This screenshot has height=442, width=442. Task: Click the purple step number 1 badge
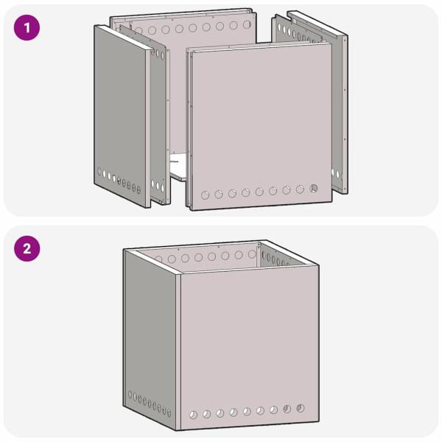[x=27, y=29]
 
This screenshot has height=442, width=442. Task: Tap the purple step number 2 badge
[x=27, y=248]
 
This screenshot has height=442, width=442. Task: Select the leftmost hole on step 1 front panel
[x=206, y=195]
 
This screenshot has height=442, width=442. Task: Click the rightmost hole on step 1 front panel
[x=313, y=188]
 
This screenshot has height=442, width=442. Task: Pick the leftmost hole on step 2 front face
[x=193, y=415]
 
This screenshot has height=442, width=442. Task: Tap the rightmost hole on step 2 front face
[x=300, y=407]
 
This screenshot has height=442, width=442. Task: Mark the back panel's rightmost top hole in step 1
[x=246, y=24]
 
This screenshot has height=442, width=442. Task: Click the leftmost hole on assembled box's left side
[x=130, y=394]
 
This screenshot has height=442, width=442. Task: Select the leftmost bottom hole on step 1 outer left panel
[x=99, y=171]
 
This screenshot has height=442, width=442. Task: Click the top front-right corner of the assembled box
[x=319, y=265]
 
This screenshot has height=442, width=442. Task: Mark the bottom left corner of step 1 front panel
[x=190, y=209]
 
